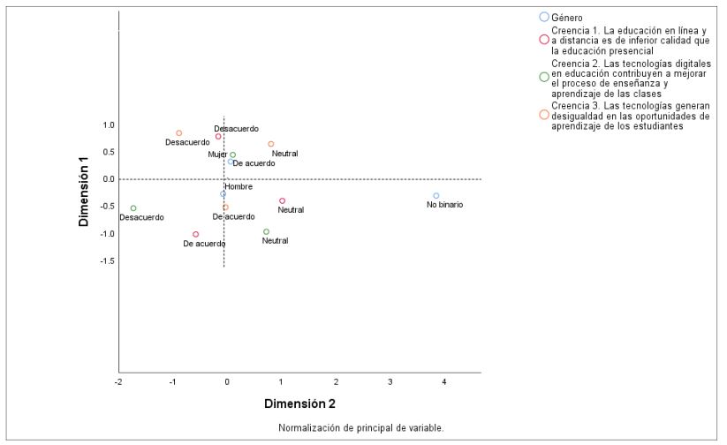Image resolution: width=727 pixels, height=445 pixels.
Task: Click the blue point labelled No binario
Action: coord(436,196)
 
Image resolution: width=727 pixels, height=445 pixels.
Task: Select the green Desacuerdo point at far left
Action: coord(133,208)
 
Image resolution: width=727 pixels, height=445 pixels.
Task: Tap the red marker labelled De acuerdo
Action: coord(195,235)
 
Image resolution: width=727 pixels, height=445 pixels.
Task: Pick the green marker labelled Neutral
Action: coord(266,232)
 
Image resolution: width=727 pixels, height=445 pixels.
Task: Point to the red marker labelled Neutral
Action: coord(283,201)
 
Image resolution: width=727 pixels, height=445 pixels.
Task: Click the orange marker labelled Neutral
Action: coord(271,144)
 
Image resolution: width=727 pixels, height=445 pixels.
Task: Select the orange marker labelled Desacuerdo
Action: coord(178,133)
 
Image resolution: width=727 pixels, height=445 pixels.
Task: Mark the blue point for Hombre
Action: coord(223,194)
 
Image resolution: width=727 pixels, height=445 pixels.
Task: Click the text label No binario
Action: coord(444,205)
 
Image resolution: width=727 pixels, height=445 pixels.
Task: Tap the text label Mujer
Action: coord(217,155)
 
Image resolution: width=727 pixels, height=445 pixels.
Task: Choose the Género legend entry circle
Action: coord(544,17)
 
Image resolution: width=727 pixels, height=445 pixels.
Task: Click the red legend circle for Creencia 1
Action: coord(544,39)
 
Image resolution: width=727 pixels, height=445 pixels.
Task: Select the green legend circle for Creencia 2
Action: coord(544,77)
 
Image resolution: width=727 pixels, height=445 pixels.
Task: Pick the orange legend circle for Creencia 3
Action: coord(544,116)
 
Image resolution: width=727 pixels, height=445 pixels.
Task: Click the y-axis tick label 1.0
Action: coord(108,125)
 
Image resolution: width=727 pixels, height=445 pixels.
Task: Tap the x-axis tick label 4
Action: coord(444,381)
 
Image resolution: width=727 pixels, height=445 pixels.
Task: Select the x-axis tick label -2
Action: coord(118,381)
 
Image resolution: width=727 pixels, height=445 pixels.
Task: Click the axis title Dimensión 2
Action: coord(299,404)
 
